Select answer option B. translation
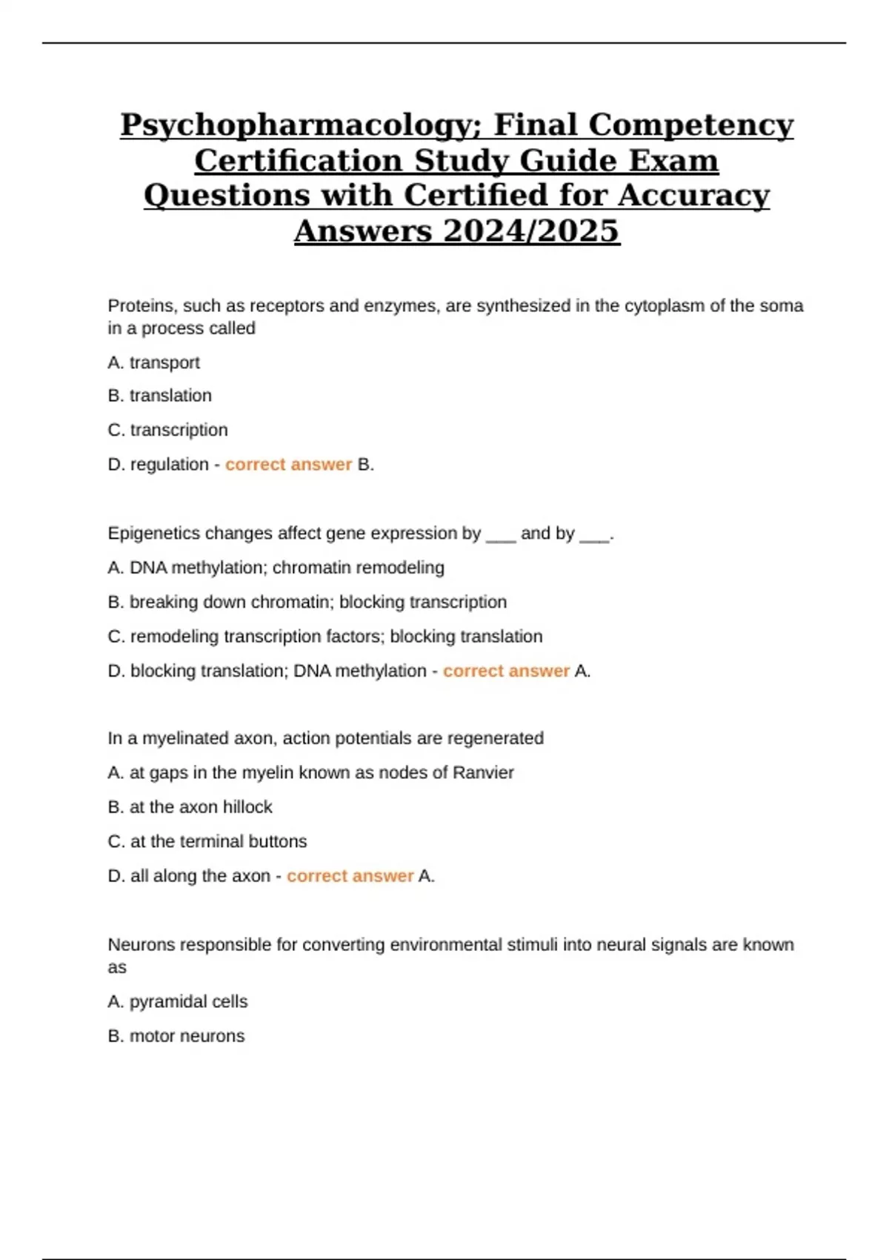159,396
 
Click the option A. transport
153,362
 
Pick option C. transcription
167,430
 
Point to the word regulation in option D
169,465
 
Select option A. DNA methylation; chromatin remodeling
276,568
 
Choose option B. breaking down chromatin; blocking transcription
307,602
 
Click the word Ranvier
483,772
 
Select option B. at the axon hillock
190,806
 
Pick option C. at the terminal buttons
207,841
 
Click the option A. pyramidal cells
177,1001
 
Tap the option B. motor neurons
176,1035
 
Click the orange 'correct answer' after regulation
288,465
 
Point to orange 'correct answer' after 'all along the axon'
350,876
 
